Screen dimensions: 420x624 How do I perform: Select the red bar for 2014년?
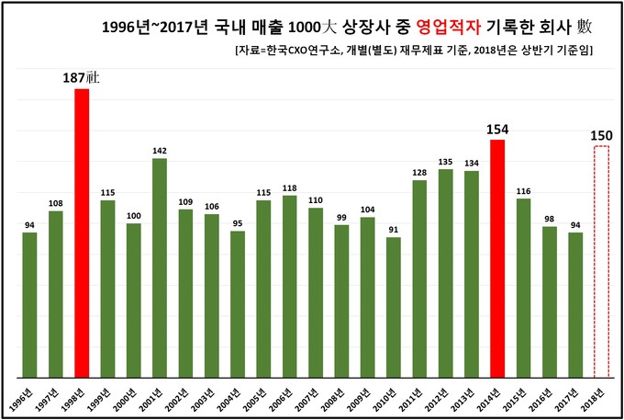pos(497,258)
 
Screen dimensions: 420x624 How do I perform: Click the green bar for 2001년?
pos(160,267)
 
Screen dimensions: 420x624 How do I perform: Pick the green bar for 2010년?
pos(394,307)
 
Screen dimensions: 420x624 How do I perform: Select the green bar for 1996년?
pos(29,304)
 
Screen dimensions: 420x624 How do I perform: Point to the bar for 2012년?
pos(446,273)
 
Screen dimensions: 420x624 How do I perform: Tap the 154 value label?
pos(497,129)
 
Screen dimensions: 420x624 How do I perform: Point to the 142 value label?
pos(160,150)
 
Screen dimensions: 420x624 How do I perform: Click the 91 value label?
pos(394,229)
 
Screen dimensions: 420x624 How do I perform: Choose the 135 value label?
pos(446,161)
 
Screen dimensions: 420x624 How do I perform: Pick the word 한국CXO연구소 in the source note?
pos(303,51)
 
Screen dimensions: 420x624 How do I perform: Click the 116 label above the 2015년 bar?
pos(524,190)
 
